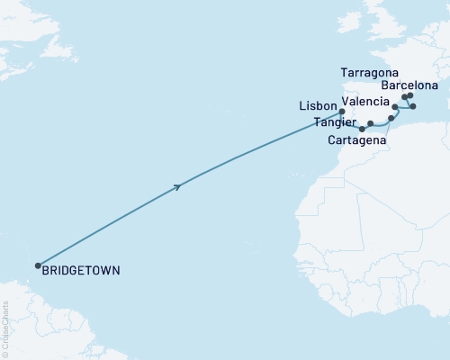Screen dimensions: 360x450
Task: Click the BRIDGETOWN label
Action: coord(82,269)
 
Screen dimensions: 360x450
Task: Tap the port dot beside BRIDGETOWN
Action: coord(38,265)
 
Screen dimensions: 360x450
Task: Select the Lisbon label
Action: coord(317,106)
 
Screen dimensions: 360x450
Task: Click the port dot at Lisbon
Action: coord(342,112)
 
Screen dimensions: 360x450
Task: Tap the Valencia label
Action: coord(364,103)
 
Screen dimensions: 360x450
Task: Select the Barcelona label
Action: coord(410,85)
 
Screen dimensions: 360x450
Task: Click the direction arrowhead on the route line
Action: coord(178,187)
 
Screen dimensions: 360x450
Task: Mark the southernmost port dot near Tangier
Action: coord(362,129)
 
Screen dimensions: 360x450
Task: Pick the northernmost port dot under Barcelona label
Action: coord(409,95)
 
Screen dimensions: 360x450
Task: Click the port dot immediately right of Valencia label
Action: coord(395,106)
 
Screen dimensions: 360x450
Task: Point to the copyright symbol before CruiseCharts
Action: coord(4,353)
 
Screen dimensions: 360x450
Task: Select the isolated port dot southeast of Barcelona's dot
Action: coord(413,106)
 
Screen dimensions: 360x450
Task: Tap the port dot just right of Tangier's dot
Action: coord(371,123)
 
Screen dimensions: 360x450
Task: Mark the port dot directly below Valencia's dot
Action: coord(391,118)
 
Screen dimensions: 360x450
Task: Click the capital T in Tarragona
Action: coord(345,70)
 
